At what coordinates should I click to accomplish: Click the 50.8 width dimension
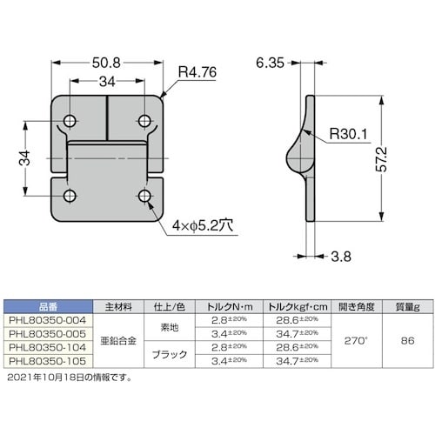coord(106,63)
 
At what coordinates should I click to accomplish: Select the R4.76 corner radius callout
coord(197,72)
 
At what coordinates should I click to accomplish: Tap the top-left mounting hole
coord(70,121)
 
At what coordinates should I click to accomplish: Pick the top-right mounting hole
coord(144,121)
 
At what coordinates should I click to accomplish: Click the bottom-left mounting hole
coord(70,196)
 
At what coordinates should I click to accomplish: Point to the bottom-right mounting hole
coord(144,196)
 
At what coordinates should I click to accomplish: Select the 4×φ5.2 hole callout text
coord(203,225)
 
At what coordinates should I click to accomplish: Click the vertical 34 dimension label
coord(25,157)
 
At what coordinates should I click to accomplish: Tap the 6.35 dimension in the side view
coord(270,63)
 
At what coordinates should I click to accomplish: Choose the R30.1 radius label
coord(349,134)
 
